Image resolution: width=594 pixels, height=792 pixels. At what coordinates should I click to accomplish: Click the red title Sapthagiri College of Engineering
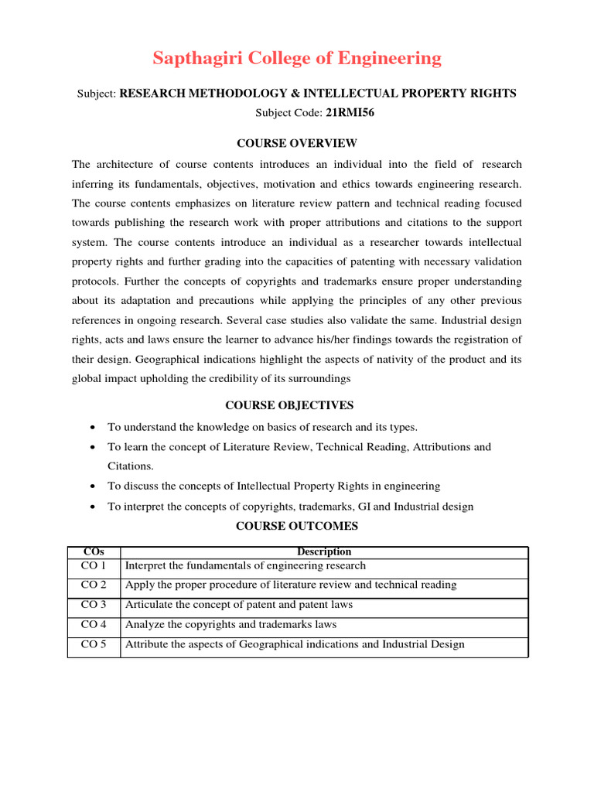coord(297,59)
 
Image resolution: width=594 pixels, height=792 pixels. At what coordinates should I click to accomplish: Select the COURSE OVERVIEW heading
coord(297,143)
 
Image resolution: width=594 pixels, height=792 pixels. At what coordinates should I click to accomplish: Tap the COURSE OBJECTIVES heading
coord(289,405)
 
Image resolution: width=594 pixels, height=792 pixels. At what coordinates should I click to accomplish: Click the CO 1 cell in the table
coord(94,565)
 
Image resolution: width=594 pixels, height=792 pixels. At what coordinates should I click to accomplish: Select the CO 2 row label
coord(94,585)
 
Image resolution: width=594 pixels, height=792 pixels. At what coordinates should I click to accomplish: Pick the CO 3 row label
coord(94,605)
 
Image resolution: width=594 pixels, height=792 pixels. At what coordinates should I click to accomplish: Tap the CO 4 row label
coord(94,624)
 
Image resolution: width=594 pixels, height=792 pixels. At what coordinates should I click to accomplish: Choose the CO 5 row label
coord(94,644)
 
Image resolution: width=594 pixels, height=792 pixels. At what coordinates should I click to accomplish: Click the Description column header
coord(325,551)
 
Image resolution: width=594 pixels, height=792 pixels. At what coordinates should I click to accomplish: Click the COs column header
coord(93,551)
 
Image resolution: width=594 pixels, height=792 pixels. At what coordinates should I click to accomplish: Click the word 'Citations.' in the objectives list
coord(131,466)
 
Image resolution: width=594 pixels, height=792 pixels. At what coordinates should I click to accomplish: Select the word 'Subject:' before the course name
coord(97,94)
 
